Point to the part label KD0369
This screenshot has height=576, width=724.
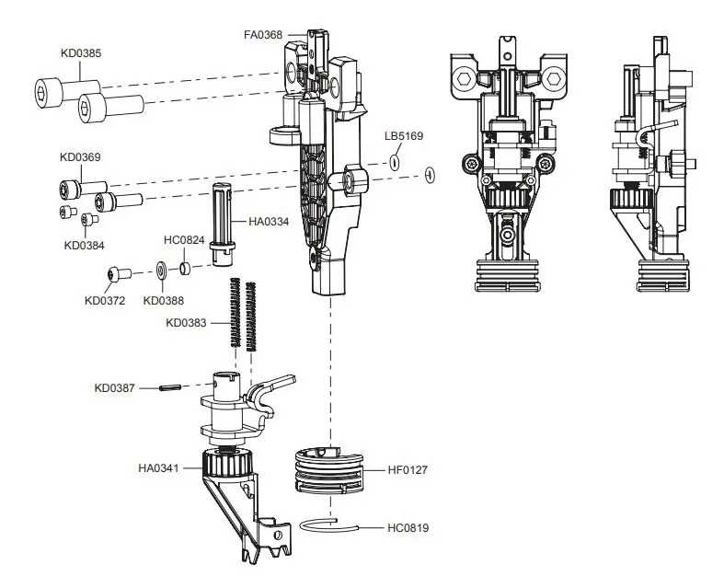click(x=81, y=157)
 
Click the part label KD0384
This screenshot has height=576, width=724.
click(x=86, y=245)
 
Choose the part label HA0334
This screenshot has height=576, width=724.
click(x=270, y=221)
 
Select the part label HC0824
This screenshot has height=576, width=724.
click(x=183, y=241)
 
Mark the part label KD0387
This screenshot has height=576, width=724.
click(x=115, y=388)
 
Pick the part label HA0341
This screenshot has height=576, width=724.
click(x=159, y=468)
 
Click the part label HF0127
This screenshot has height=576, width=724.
click(x=408, y=469)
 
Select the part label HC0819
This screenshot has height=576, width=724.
click(x=408, y=528)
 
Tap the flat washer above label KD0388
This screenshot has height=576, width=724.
click(x=160, y=271)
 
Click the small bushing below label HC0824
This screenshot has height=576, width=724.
click(x=184, y=270)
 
